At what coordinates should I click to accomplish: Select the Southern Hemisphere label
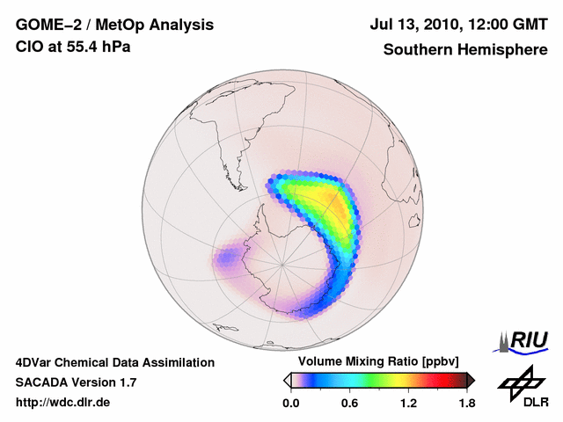click(x=465, y=49)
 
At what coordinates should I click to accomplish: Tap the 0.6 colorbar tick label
click(x=349, y=403)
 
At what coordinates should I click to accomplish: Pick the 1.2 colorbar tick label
click(x=407, y=403)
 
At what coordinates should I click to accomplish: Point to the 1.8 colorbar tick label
click(x=466, y=403)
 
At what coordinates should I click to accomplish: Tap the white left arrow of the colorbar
click(x=287, y=380)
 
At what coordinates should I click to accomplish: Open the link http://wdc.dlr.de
click(x=63, y=403)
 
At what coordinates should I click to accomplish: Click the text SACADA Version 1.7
click(x=76, y=382)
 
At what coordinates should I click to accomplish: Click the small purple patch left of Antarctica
click(x=228, y=258)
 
